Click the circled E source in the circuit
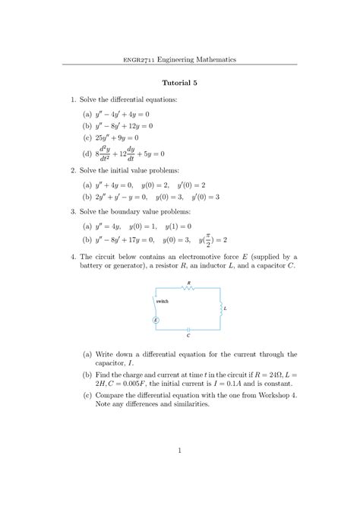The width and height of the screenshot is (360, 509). (x=156, y=320)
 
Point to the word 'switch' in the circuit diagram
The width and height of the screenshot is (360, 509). (x=162, y=302)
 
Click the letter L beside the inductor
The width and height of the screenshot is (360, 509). (x=225, y=308)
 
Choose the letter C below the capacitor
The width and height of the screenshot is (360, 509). (x=188, y=335)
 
